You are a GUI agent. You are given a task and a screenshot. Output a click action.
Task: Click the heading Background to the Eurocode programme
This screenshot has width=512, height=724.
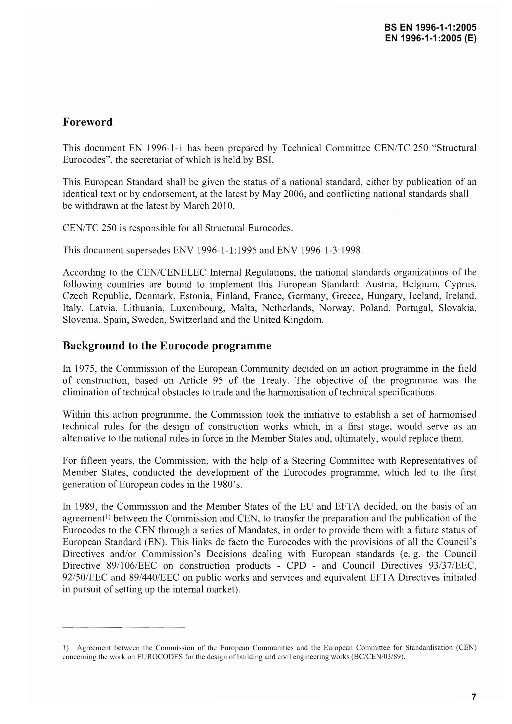coord(167,346)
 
